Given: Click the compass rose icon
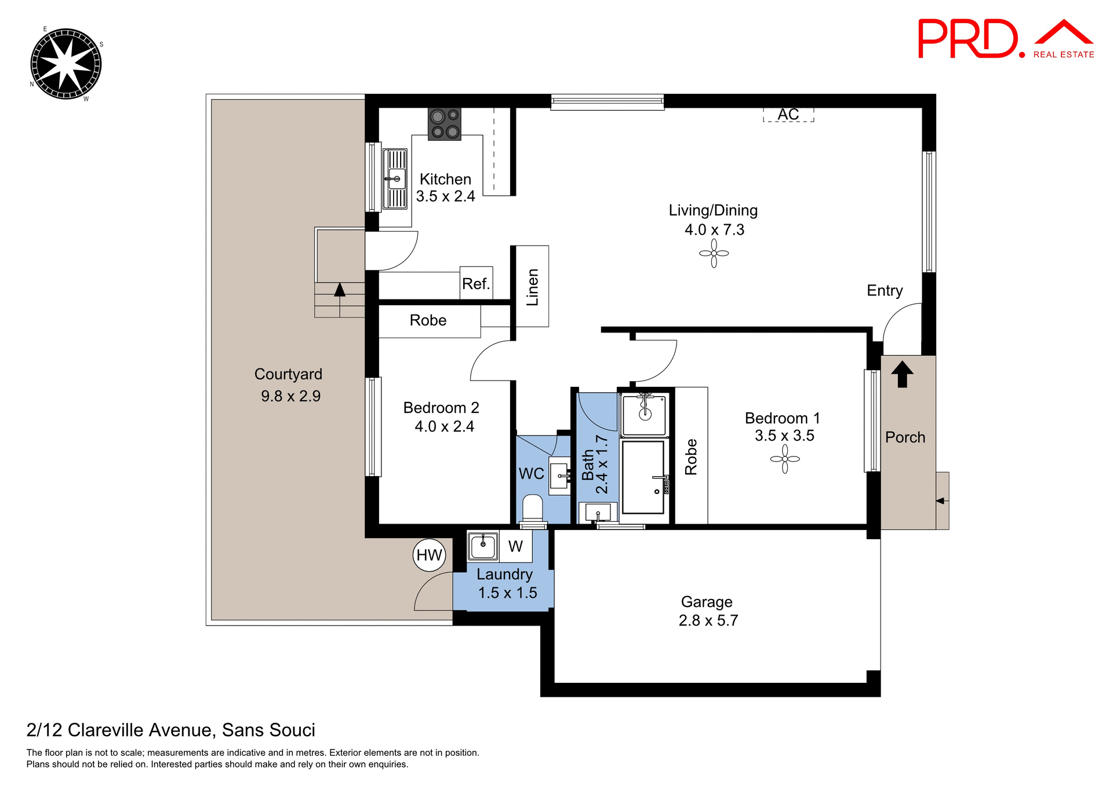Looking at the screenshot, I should tap(66, 64).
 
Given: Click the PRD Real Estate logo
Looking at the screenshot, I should tap(1005, 39).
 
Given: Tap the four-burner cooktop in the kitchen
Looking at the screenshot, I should tap(445, 124).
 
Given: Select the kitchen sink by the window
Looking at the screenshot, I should tap(395, 179).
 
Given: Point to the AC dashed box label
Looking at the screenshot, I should tap(788, 115).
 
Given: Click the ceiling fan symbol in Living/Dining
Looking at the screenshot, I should tap(714, 254).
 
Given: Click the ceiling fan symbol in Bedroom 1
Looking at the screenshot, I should tap(785, 459).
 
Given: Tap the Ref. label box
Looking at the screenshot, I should tap(477, 283).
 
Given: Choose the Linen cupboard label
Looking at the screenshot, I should tap(532, 287).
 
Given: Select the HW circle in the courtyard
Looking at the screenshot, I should tap(430, 555).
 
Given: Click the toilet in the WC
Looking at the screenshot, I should tap(532, 509).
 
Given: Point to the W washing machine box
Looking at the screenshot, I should tap(515, 546).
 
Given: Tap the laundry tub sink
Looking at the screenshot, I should tap(483, 546).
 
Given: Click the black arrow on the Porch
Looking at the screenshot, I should tap(902, 374).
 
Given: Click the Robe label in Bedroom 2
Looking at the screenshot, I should tap(428, 320).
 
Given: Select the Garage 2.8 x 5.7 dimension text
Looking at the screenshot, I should tap(708, 620).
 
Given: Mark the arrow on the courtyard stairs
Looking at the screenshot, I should tap(340, 290).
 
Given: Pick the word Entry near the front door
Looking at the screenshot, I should tap(885, 290).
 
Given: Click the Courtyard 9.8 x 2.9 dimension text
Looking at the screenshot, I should tap(290, 396).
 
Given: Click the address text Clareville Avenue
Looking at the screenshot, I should tap(141, 730).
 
